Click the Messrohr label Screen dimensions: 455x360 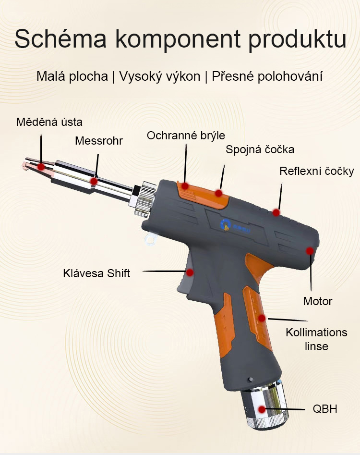[99, 141]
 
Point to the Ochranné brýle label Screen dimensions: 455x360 [186, 135]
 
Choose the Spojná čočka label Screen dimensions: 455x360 [260, 149]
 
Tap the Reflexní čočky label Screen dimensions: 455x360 [317, 171]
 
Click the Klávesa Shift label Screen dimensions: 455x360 [96, 273]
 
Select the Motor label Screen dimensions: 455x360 [318, 301]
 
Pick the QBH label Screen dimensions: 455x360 [325, 409]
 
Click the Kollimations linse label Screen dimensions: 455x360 [316, 339]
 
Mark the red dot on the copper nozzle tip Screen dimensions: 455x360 [41, 167]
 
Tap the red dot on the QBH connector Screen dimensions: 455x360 [262, 409]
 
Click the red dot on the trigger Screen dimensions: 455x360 [190, 272]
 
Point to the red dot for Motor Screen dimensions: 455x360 [310, 251]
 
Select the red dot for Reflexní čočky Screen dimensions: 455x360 [276, 212]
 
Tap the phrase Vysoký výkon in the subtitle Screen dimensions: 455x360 [160, 76]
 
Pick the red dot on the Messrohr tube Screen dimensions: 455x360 [94, 181]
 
